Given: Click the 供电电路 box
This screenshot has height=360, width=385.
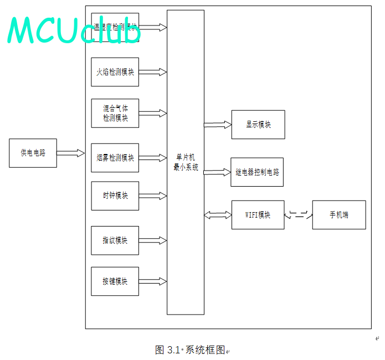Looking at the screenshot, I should tap(33, 153).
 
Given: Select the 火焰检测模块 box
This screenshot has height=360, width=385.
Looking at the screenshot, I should tap(115, 72).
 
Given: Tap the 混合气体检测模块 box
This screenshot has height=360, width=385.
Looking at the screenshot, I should tap(115, 113).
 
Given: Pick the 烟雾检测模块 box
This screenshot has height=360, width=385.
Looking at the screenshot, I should tap(115, 158).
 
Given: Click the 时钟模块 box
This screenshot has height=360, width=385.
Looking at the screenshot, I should tap(115, 196).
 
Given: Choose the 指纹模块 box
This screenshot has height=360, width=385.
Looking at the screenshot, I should tap(115, 240).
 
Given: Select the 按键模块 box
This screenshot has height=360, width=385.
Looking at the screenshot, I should tap(115, 281).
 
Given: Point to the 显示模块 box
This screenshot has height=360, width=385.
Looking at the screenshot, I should tap(258, 125).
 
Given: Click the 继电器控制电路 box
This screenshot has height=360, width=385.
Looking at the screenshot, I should tap(257, 172).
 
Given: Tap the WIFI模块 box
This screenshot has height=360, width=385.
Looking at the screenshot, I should tap(258, 215).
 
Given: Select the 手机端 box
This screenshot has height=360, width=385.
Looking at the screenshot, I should tap(339, 215).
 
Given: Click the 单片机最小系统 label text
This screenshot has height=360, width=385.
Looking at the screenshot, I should tap(186, 163).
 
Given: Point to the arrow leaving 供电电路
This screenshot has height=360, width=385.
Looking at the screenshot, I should tap(70, 153).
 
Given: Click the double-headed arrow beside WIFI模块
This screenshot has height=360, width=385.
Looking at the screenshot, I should tap(218, 215).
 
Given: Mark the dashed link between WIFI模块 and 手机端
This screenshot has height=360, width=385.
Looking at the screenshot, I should tap(299, 215).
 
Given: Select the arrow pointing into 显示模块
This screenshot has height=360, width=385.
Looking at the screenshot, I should tap(218, 125).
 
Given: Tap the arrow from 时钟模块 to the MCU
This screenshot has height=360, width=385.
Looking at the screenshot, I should tap(153, 196).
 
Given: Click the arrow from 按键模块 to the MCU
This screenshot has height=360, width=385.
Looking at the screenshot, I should tap(153, 281).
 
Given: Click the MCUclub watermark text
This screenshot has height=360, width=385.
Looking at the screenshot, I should tap(74, 30).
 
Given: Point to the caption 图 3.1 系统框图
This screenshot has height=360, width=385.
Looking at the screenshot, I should tap(191, 350).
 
